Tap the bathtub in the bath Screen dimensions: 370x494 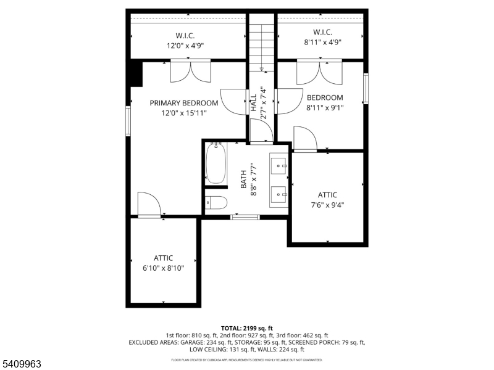[216, 163]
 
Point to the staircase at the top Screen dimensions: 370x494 [262, 40]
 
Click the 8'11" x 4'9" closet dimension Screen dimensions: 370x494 [323, 42]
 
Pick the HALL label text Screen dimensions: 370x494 [254, 102]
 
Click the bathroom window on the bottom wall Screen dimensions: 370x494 [245, 216]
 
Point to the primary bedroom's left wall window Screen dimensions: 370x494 [128, 120]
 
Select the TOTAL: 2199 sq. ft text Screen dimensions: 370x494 [246, 328]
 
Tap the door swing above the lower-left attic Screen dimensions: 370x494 [149, 204]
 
